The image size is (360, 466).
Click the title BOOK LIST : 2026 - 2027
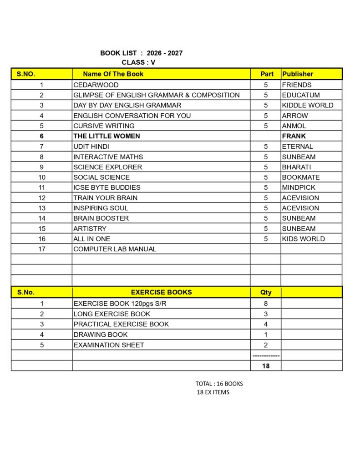pos(141,53)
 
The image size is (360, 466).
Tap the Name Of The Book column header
pos(113,74)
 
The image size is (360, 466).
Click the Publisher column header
pos(298,74)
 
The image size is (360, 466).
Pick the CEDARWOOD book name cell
pos(96,85)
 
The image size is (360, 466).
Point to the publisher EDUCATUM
pos(301,95)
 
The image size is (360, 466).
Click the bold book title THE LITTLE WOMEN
pos(106,136)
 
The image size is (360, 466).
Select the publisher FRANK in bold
pos(294,136)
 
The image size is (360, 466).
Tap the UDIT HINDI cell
pos(91,147)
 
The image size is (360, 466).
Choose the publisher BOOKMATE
pos(301,177)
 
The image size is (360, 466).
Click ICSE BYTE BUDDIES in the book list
pos(107,187)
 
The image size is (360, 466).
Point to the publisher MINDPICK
pos(299,187)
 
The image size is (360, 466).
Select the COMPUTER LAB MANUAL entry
pos(115,249)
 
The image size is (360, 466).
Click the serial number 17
pos(41,249)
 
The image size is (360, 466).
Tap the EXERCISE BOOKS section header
pos(161,292)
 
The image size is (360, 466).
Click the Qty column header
pos(266,293)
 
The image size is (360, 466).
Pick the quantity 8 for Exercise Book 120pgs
pos(266,304)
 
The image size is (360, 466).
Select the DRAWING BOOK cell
pos(101,334)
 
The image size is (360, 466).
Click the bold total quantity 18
pos(266,365)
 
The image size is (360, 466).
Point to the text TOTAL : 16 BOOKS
pos(219,384)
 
